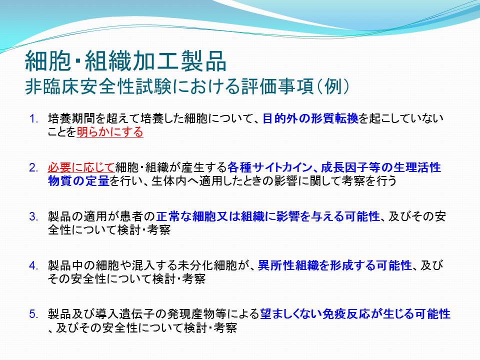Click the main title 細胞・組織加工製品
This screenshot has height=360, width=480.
coord(125,60)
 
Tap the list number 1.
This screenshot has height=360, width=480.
coord(34,119)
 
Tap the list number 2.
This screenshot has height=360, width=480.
coord(33,168)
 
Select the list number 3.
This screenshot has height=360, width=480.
coord(33,216)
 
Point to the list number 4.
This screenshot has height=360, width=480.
coord(33,265)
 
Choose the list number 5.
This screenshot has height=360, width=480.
coord(33,314)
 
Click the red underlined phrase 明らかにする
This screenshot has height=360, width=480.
coord(110,132)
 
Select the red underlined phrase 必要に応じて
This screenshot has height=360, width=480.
coord(81,168)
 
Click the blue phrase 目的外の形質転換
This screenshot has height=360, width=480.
coord(310,118)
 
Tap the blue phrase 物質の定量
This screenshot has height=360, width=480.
coord(78,181)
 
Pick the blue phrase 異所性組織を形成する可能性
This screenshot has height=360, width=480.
coord(335,265)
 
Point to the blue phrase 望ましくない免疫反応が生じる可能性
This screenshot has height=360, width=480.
coord(355,314)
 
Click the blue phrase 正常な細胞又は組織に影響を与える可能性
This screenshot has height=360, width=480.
coord(268,216)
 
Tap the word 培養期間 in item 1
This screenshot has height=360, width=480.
coord(71,118)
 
